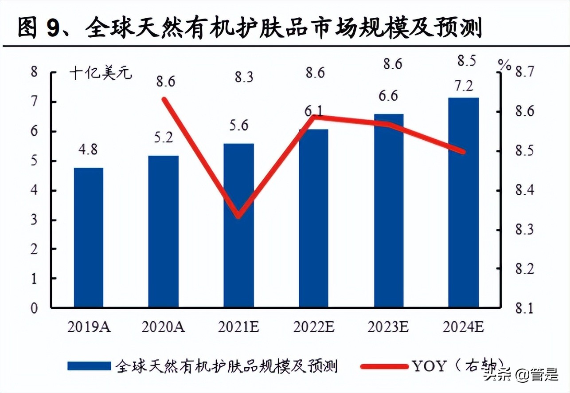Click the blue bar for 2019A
pyautogui.click(x=89, y=237)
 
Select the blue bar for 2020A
pyautogui.click(x=164, y=231)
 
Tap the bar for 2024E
pyautogui.click(x=464, y=202)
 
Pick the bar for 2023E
pyautogui.click(x=389, y=211)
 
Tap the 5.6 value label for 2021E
pyautogui.click(x=238, y=126)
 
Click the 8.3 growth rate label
pyautogui.click(x=244, y=77)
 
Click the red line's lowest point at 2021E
pyautogui.click(x=238, y=216)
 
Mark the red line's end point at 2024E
pyautogui.click(x=463, y=152)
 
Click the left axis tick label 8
pyautogui.click(x=34, y=72)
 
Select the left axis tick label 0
pyautogui.click(x=34, y=308)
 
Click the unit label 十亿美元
pyautogui.click(x=101, y=73)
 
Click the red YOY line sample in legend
pyautogui.click(x=383, y=366)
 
